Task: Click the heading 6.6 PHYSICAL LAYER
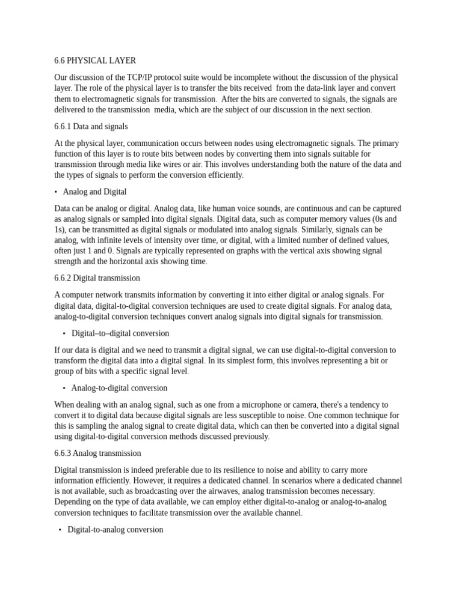point(95,61)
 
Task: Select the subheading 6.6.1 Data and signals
point(91,127)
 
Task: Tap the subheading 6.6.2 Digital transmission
point(97,278)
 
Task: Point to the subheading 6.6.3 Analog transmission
point(97,453)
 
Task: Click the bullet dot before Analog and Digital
point(56,192)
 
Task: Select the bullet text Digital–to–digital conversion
point(120,333)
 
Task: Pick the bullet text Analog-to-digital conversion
point(120,388)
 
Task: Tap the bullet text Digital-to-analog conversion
point(115,530)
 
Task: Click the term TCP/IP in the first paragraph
point(142,77)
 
